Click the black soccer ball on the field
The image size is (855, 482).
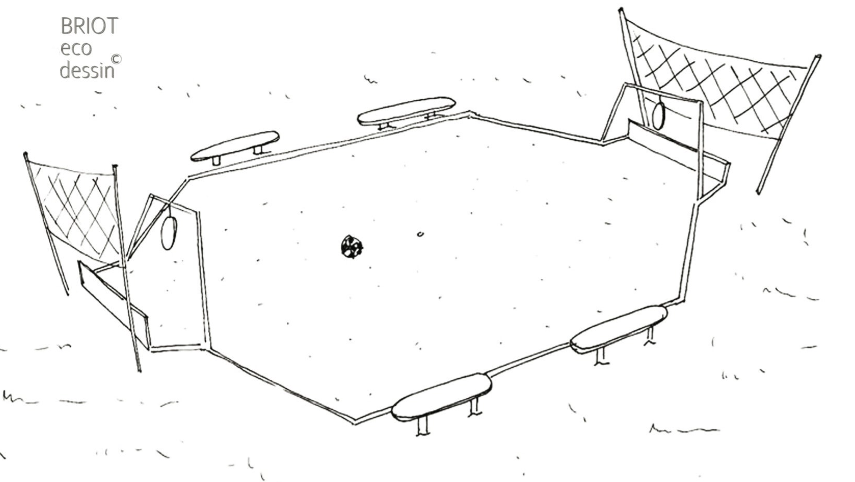click(352, 247)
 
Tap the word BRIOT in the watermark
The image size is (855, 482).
click(89, 26)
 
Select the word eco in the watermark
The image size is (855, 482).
click(76, 49)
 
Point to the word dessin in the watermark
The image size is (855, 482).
click(87, 70)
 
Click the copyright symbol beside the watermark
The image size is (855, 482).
click(116, 59)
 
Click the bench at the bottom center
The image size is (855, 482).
click(442, 397)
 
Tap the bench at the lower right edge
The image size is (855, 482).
click(619, 329)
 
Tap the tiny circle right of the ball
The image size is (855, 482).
click(420, 234)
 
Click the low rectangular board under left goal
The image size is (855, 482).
click(113, 304)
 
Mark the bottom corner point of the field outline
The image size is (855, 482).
click(355, 422)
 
